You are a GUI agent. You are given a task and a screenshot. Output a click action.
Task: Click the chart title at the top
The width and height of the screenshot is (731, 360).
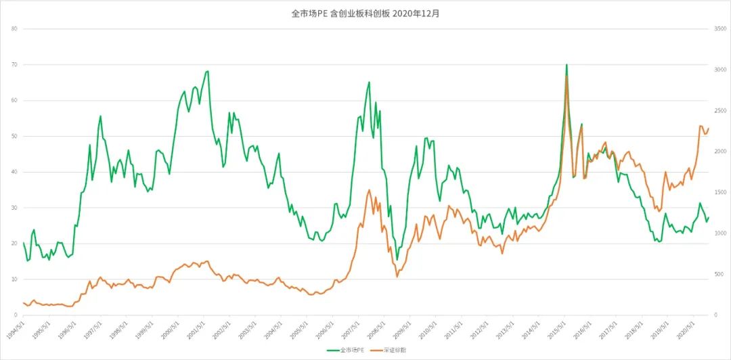pos(365,13)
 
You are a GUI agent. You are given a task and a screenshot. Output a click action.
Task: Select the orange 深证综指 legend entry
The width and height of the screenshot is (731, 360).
pos(392,351)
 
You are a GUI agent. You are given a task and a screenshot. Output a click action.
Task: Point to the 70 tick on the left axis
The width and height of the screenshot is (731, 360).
pos(14,65)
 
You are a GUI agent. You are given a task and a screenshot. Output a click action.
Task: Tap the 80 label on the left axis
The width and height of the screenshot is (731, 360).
pos(14,29)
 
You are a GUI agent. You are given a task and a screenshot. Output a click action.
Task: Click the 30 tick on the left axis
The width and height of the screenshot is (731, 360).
pos(14,208)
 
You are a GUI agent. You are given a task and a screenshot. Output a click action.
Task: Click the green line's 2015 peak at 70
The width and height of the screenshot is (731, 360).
pos(567,65)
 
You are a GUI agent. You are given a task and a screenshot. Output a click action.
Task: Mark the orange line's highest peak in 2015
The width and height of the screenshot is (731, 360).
pos(567,76)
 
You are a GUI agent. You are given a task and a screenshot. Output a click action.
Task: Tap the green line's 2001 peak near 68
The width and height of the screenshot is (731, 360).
pos(208,71)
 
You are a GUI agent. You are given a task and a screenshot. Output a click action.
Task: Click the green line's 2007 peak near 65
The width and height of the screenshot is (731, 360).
pos(369,83)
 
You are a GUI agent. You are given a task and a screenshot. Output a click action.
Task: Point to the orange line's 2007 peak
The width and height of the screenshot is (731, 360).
pos(369,190)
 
